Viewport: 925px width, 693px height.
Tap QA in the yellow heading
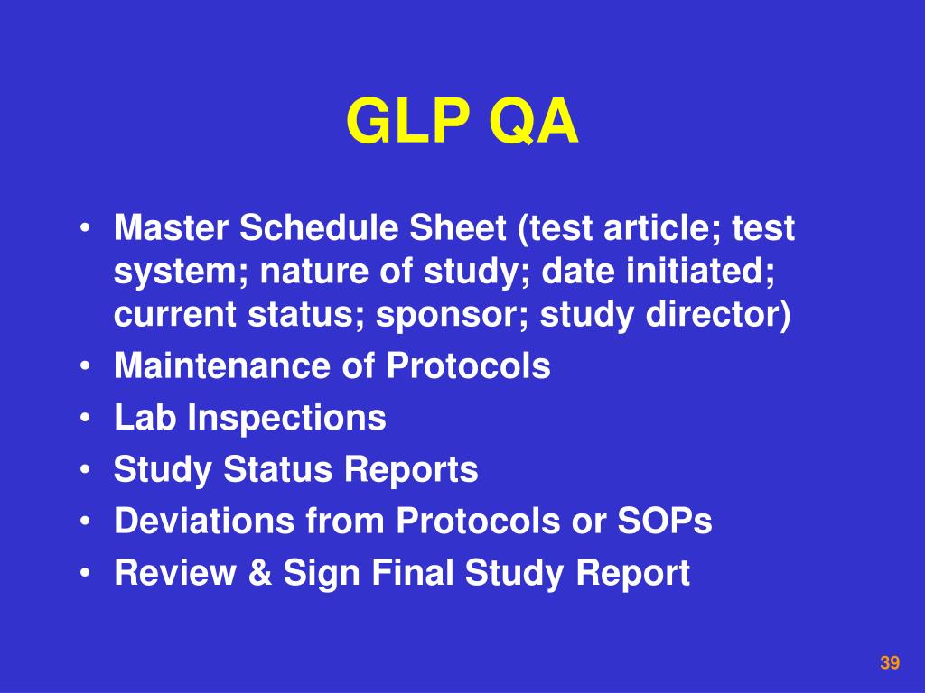pos(533,123)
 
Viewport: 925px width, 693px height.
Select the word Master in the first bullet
pos(172,229)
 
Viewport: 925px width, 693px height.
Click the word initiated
pos(715,272)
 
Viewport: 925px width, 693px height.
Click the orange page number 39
pos(890,663)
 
